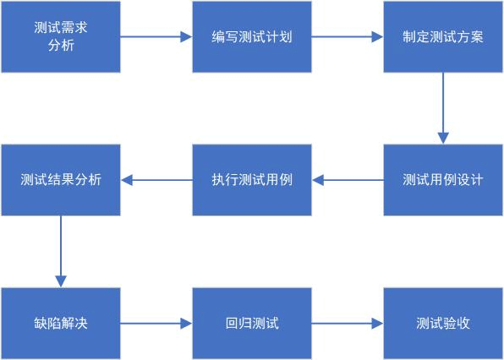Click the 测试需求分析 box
61,36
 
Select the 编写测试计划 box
252,36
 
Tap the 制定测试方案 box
443,36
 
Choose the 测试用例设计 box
443,180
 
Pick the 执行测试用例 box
252,180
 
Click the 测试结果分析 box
61,180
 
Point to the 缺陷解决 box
61,323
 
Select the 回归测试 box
252,323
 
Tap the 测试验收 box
443,323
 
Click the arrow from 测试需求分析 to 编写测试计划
156,36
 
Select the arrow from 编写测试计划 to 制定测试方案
348,36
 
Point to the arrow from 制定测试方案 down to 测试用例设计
443,108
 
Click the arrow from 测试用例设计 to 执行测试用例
348,180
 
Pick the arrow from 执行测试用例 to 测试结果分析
156,180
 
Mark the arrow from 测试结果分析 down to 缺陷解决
61,252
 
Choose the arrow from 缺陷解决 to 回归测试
156,323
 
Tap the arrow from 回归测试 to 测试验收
348,323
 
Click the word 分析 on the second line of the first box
61,46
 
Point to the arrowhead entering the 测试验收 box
378,323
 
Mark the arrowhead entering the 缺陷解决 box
61,281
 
